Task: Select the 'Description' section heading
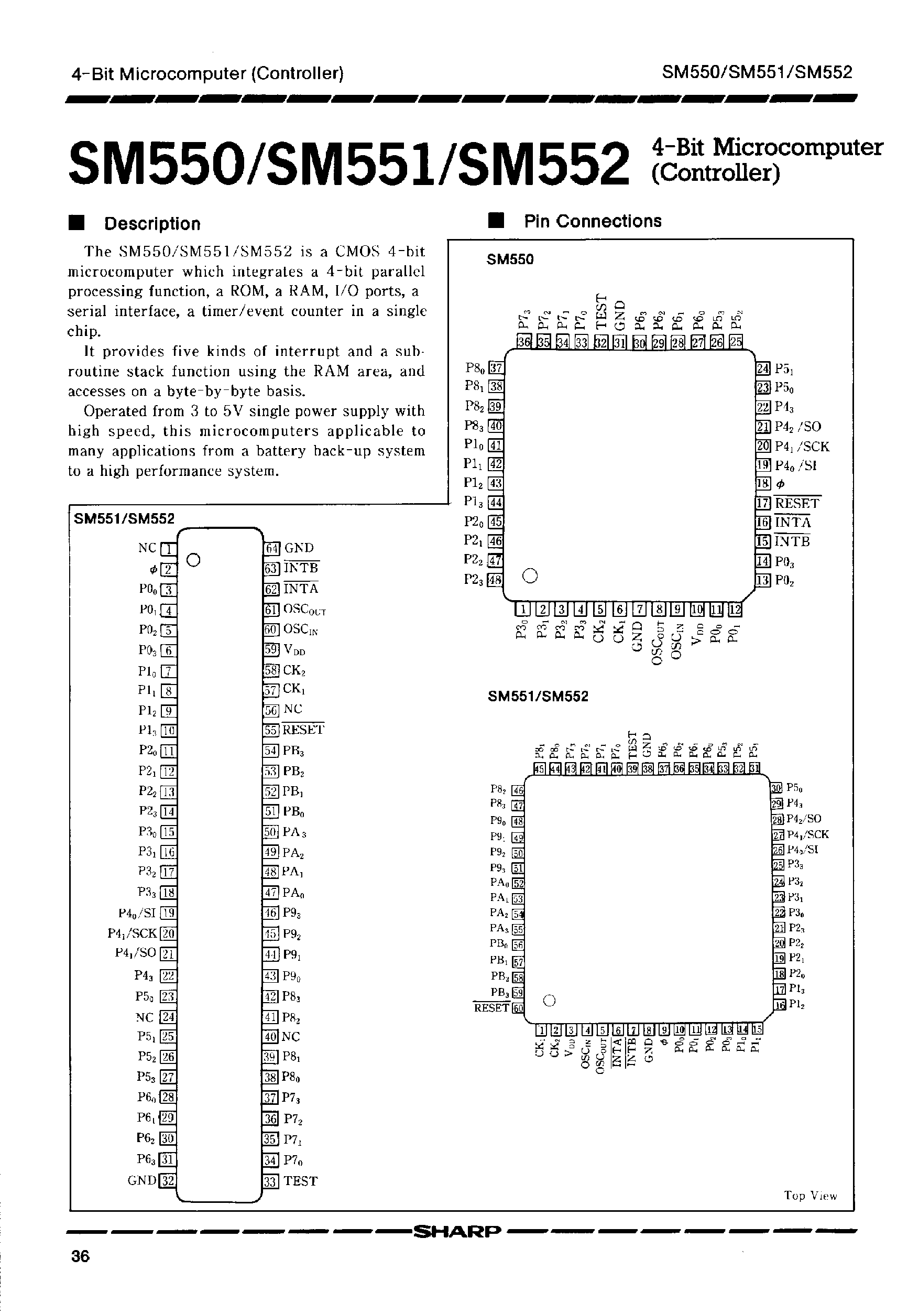pyautogui.click(x=152, y=224)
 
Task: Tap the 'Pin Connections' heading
pyautogui.click(x=592, y=221)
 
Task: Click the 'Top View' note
pyautogui.click(x=810, y=1196)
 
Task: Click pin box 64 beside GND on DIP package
pyautogui.click(x=272, y=548)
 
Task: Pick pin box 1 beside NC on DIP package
pyautogui.click(x=169, y=549)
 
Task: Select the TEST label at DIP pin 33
pyautogui.click(x=300, y=1181)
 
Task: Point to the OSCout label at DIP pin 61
pyautogui.click(x=304, y=610)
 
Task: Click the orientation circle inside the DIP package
pyautogui.click(x=193, y=560)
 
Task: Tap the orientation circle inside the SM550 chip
pyautogui.click(x=530, y=576)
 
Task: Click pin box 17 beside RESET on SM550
pyautogui.click(x=763, y=503)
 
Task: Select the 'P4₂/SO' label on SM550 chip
pyautogui.click(x=797, y=427)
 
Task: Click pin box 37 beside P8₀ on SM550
pyautogui.click(x=496, y=367)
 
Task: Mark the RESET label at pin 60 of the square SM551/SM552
pyautogui.click(x=491, y=1008)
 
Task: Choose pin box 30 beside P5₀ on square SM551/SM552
pyautogui.click(x=776, y=788)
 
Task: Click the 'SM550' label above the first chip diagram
pyautogui.click(x=510, y=259)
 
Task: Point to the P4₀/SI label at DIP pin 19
pyautogui.click(x=137, y=914)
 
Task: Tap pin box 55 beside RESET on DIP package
pyautogui.click(x=271, y=730)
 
